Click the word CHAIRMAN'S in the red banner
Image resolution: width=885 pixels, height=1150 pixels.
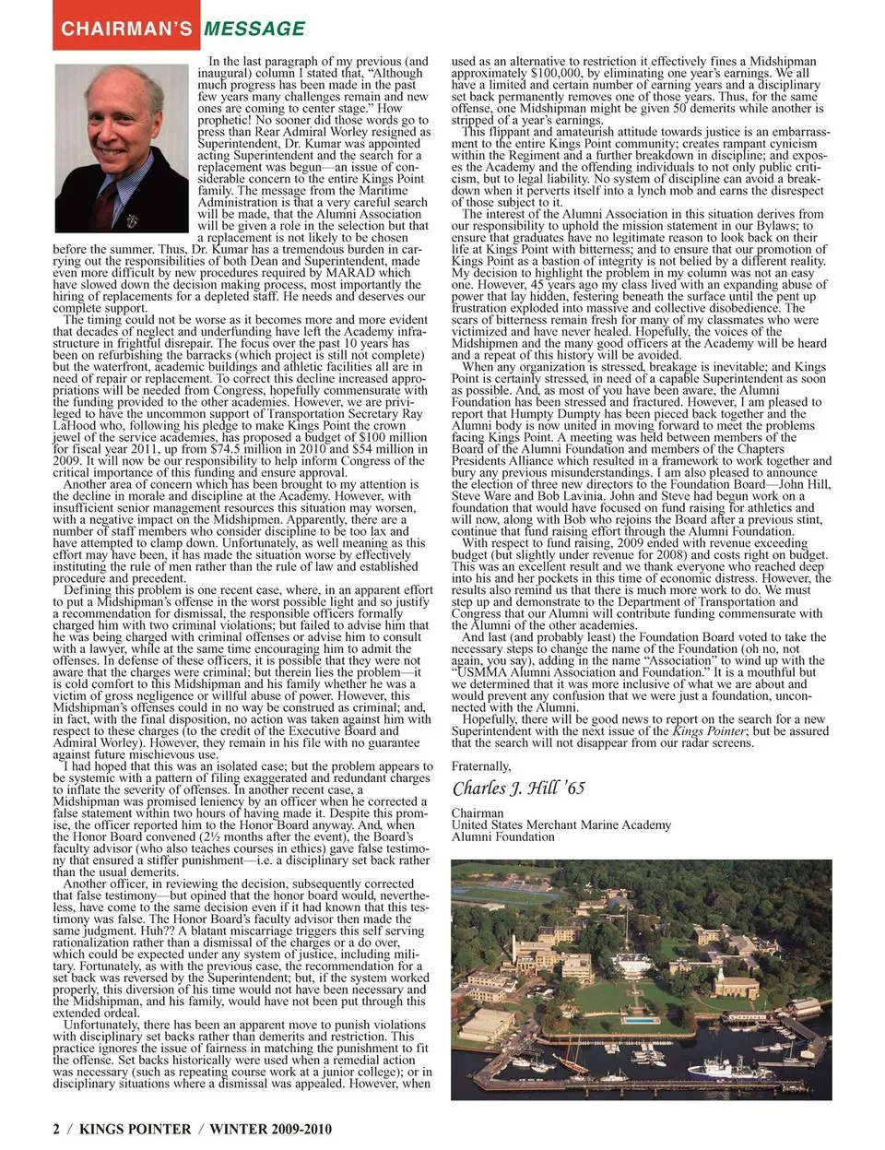tap(126, 29)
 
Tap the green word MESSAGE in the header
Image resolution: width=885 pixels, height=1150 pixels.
tap(254, 29)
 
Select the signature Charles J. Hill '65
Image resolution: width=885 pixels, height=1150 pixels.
tap(518, 788)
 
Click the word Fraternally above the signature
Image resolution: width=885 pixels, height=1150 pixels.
tap(481, 766)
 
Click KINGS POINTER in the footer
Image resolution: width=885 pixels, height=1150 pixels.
tap(136, 1129)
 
